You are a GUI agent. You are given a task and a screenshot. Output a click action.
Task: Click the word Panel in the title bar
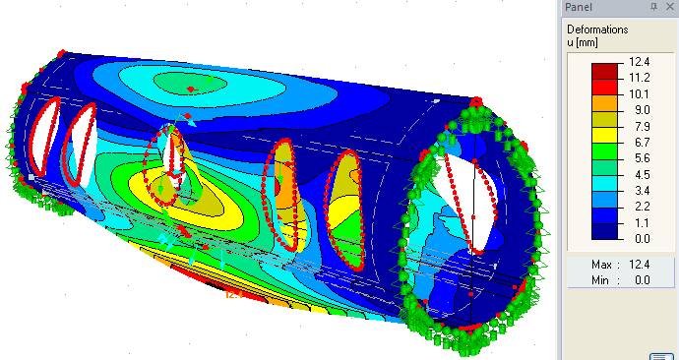click(580, 7)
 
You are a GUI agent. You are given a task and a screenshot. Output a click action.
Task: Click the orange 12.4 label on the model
click(234, 293)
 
